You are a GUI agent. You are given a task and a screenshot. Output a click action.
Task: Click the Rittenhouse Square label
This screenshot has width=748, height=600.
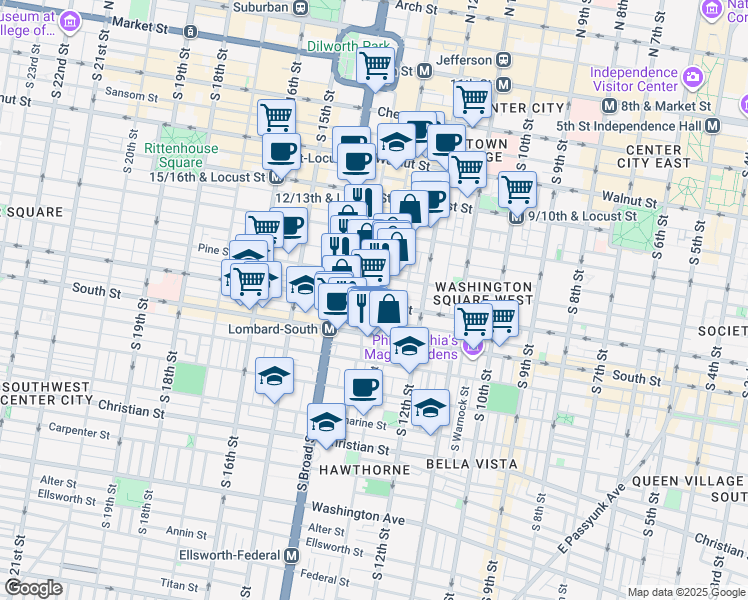(173, 155)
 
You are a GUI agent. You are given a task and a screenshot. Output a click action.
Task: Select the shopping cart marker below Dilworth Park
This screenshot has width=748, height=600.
(375, 68)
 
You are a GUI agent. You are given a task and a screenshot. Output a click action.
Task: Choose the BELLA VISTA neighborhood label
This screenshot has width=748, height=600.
(471, 464)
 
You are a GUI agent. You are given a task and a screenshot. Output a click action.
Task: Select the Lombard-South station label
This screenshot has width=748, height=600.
(273, 329)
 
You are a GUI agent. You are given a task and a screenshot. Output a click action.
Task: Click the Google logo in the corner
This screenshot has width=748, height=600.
(34, 588)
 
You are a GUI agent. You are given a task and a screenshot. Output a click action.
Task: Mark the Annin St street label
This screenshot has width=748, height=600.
(187, 532)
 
